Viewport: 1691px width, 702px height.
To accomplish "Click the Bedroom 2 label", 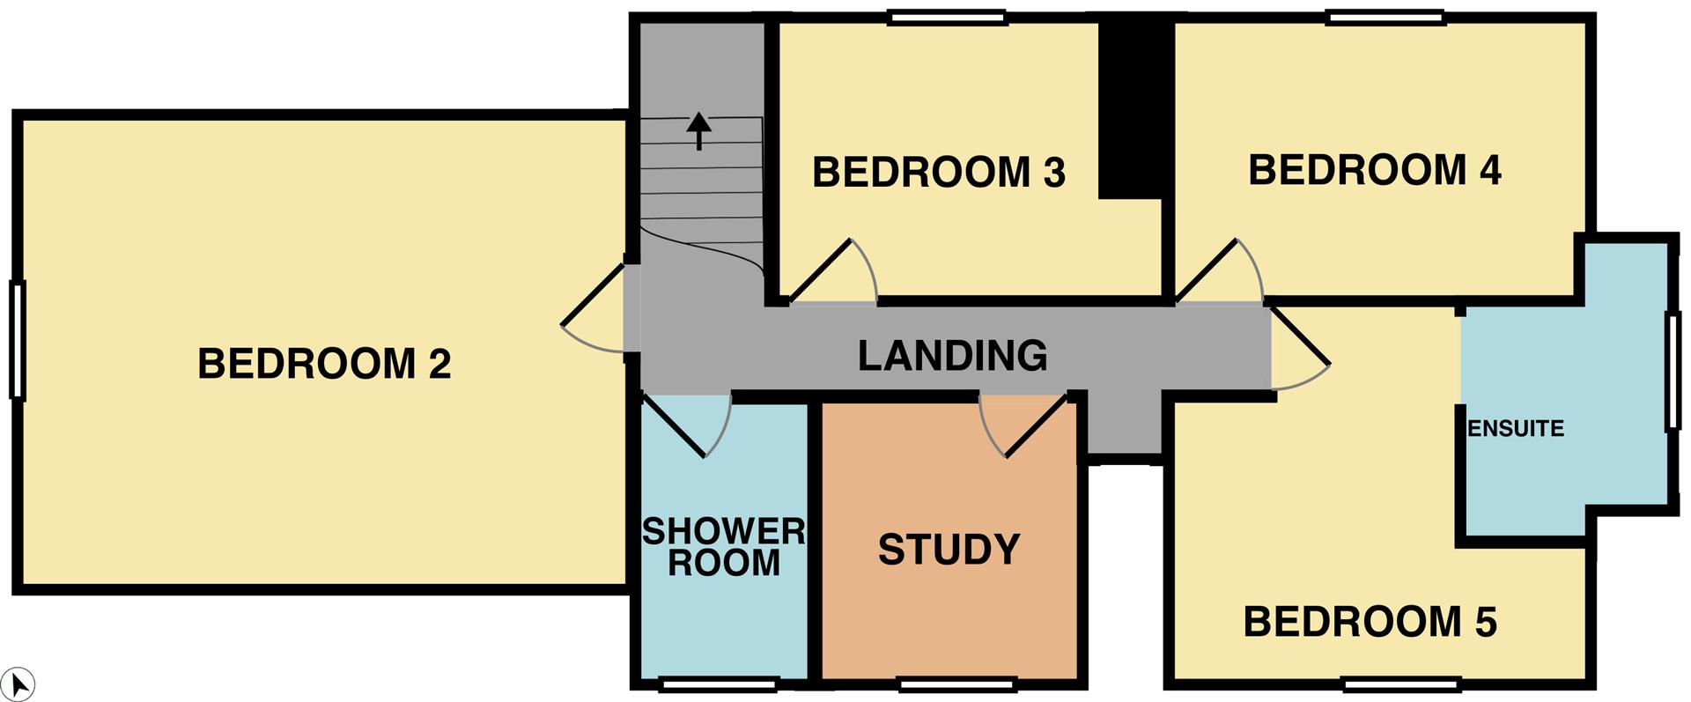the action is pyautogui.click(x=324, y=364).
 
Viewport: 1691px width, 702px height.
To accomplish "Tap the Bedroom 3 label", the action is pyautogui.click(x=939, y=173).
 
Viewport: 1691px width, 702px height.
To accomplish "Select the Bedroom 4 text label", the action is pyautogui.click(x=1375, y=170).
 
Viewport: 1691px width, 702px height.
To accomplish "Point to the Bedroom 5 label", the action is pyautogui.click(x=1370, y=622).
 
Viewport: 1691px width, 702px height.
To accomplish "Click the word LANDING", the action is pyautogui.click(x=953, y=356).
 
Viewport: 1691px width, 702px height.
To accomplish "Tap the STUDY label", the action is pyautogui.click(x=949, y=550).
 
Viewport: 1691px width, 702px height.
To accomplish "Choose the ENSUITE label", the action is pyautogui.click(x=1516, y=429).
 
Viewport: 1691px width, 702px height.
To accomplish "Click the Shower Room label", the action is pyautogui.click(x=724, y=547).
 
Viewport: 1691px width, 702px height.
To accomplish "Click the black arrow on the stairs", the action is pyautogui.click(x=698, y=130).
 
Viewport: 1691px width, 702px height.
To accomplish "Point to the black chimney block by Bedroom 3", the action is pyautogui.click(x=1136, y=110).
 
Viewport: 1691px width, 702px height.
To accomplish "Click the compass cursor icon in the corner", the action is pyautogui.click(x=19, y=684).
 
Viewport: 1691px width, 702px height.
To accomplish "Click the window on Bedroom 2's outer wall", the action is pyautogui.click(x=17, y=340).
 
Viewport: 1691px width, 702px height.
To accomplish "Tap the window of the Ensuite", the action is pyautogui.click(x=1673, y=372).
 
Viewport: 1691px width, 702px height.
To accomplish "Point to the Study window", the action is pyautogui.click(x=958, y=683).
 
